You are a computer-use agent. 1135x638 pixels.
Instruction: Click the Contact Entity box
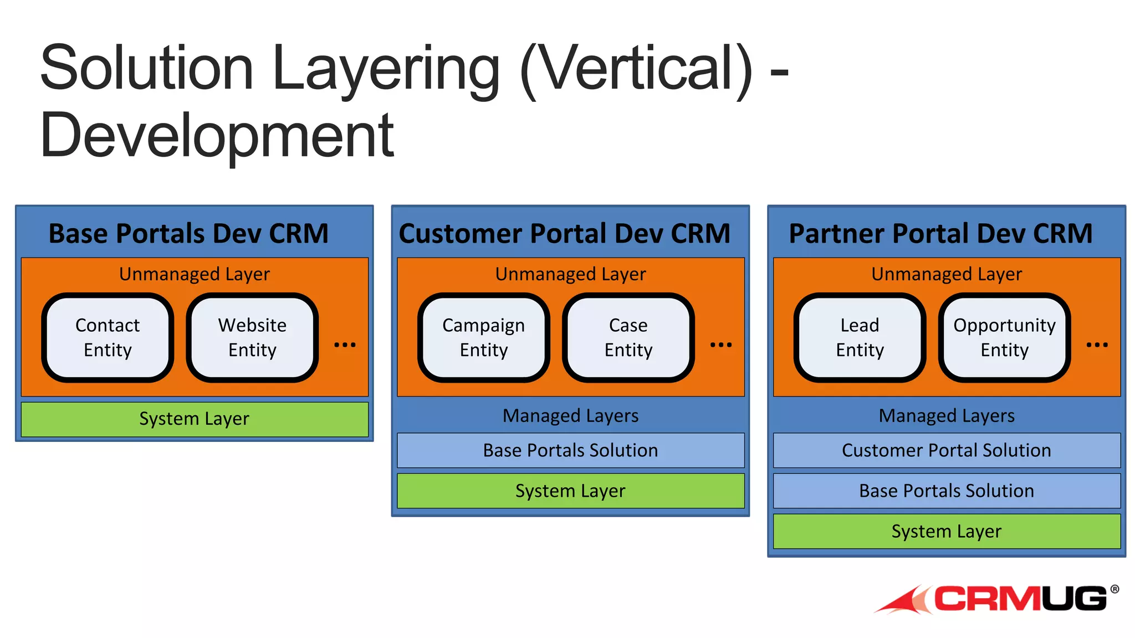pos(108,337)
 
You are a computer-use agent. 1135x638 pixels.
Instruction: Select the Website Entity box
pos(252,337)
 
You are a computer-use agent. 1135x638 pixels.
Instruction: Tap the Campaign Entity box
pos(483,337)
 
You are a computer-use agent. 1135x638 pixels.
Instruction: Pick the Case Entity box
pos(628,337)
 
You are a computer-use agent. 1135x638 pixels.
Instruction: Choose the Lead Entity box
pos(860,337)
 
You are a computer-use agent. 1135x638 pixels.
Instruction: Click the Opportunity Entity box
pos(1004,337)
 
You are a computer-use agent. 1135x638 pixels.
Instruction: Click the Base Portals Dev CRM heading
pos(188,233)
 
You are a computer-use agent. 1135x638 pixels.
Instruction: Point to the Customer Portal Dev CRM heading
pos(565,233)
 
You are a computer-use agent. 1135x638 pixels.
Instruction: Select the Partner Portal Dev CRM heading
pos(940,233)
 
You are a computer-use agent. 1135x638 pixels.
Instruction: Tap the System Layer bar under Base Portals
pos(195,419)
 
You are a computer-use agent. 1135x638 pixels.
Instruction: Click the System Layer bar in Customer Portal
pos(570,491)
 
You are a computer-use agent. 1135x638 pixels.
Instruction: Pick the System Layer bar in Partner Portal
pos(947,531)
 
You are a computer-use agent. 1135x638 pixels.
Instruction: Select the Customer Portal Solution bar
pos(947,450)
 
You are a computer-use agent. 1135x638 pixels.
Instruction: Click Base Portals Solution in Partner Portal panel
pos(947,491)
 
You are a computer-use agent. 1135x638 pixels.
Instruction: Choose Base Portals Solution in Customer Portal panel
pos(570,450)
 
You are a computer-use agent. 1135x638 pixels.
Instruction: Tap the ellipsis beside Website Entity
pos(345,344)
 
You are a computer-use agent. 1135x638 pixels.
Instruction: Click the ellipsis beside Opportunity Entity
pos(1097,344)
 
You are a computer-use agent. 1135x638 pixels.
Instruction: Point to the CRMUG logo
pos(998,599)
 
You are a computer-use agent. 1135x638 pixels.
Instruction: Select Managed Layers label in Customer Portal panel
pos(570,415)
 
